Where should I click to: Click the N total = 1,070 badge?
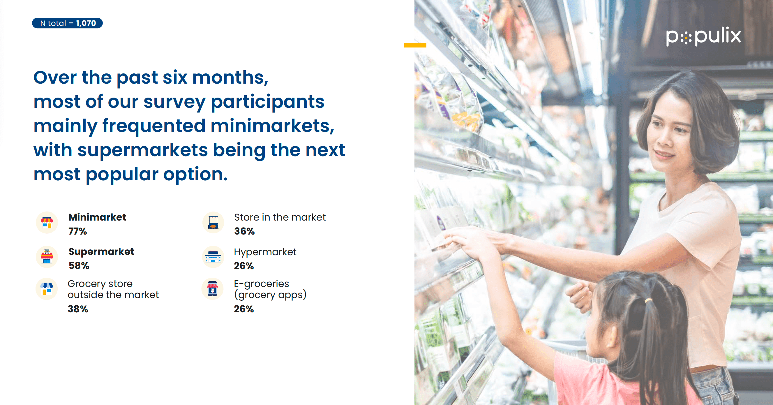(67, 23)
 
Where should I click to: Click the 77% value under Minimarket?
(78, 231)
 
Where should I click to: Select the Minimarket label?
(97, 217)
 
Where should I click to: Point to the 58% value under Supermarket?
(79, 266)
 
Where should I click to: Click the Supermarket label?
(101, 251)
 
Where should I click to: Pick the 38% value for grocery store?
(78, 309)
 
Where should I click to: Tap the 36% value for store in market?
(245, 231)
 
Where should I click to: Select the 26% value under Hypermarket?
(244, 266)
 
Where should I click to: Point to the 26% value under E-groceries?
(244, 309)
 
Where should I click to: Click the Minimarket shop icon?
(47, 223)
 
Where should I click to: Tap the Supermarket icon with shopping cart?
(47, 257)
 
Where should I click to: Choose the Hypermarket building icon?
(213, 257)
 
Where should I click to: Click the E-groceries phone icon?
(212, 289)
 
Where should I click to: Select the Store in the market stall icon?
(213, 223)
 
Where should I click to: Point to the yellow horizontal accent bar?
(415, 45)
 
